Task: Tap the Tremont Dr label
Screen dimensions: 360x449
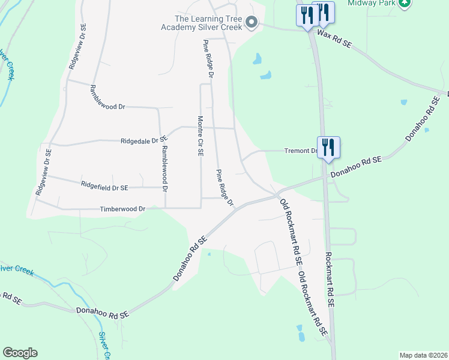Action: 300,151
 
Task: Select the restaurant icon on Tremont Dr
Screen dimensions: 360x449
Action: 328,147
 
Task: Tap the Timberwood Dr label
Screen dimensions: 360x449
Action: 123,209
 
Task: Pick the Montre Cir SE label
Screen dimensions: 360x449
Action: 200,136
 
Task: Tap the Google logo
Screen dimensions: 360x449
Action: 20,353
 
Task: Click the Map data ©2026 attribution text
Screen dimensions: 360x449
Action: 423,355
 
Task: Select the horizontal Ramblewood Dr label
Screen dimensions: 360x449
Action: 107,96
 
